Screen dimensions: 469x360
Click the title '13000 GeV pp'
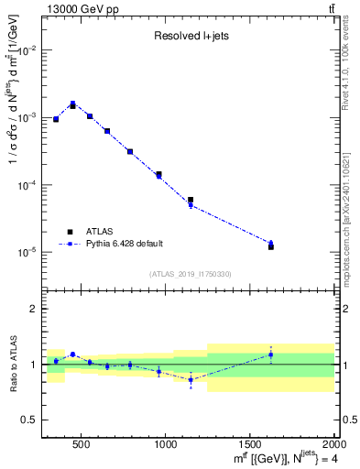(x=79, y=8)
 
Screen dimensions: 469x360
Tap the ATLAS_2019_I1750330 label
(x=190, y=274)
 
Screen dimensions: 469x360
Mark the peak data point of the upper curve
(x=72, y=104)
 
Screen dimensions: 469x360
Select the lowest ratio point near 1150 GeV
(x=191, y=379)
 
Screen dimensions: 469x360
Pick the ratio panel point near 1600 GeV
(x=271, y=354)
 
